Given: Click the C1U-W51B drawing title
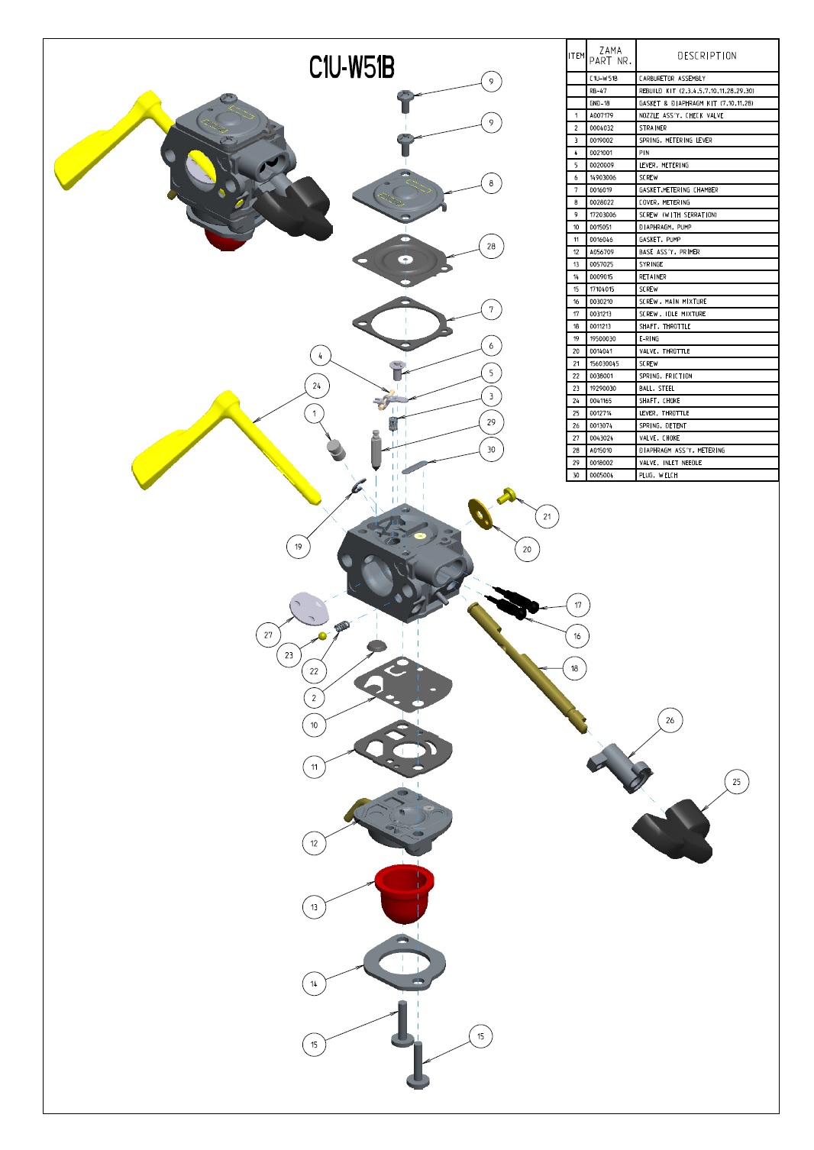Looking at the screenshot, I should point(351,67).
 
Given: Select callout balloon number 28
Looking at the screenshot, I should point(491,246).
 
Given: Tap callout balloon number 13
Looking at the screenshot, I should point(314,907).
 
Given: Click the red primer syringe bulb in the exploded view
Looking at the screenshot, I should point(404,893).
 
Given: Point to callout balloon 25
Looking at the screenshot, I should point(736,782).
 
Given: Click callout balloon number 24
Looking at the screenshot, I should point(316,386).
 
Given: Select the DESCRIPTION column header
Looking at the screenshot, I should point(706,56).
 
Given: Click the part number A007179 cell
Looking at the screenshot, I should point(610,116).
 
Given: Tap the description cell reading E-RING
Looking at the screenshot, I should point(706,339).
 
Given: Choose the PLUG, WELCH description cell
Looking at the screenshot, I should point(706,475).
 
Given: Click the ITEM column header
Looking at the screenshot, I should point(576,56).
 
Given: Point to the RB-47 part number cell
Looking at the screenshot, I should point(610,91).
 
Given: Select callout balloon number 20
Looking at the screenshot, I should point(527,549).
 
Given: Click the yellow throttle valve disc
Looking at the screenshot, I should point(480,514).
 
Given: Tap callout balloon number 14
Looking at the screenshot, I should point(314,984).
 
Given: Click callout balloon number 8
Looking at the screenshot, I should point(491,183).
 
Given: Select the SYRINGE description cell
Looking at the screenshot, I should point(706,264).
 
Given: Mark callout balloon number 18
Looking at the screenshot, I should point(575,668).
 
